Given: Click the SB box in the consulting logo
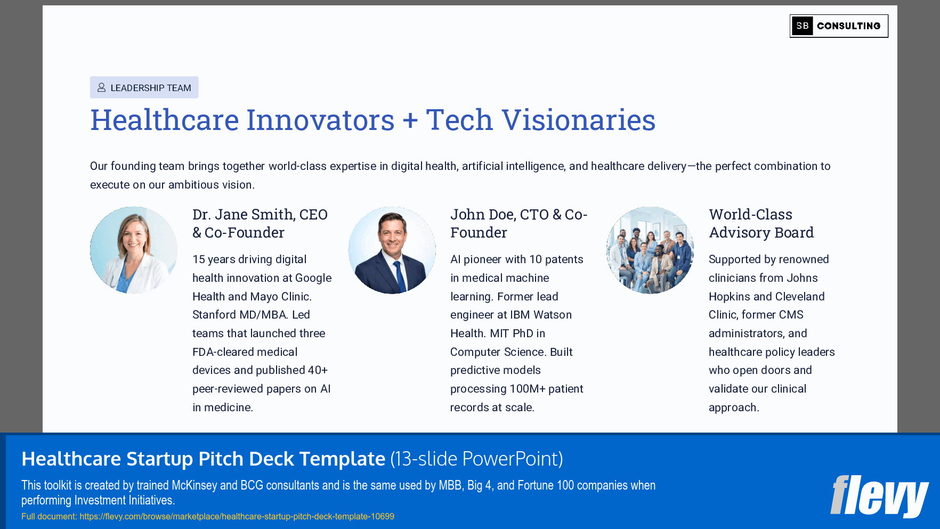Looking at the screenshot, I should coord(802,26).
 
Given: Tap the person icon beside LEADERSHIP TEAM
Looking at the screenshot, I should coord(101,87).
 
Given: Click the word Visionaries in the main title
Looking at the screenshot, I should coord(578,120).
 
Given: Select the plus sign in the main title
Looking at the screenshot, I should coord(410,120).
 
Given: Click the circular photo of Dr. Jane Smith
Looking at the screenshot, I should coord(133,250).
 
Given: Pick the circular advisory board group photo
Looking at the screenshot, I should coord(650,250).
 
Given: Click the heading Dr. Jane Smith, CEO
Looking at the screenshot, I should coord(260,215).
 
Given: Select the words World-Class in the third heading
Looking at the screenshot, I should coord(750,215).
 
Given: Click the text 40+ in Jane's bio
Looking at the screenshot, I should coord(317,370).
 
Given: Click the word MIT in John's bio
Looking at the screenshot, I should coord(499,333).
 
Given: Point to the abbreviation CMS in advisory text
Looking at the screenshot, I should coord(791,315).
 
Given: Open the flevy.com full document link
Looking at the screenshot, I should coord(237,516).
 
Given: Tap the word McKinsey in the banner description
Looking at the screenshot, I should coord(194,485).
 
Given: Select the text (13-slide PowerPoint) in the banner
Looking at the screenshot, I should coord(476,459).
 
